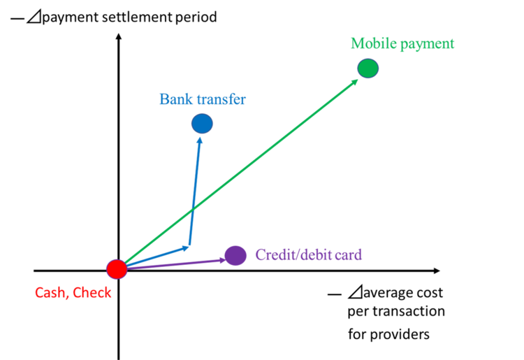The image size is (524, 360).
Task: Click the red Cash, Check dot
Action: [117, 269]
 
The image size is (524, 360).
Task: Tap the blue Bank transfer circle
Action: [202, 124]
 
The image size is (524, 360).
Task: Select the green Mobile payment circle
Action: [367, 69]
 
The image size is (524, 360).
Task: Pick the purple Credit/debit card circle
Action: [235, 256]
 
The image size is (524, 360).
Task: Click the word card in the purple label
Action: [349, 255]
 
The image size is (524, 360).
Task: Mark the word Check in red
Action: [92, 294]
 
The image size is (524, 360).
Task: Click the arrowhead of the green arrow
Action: [356, 80]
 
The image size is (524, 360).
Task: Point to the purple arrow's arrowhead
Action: [222, 260]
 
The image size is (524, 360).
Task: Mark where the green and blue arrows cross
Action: [192, 208]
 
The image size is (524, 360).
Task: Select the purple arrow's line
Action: [175, 264]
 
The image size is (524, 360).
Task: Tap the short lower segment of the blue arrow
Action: [154, 257]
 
